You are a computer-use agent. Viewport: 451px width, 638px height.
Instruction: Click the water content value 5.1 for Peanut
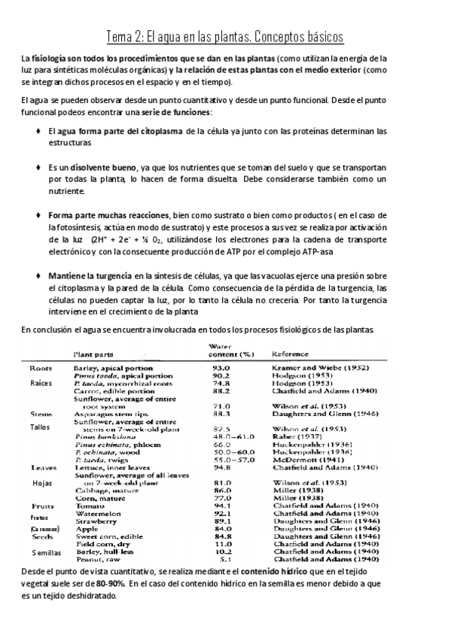[223, 560]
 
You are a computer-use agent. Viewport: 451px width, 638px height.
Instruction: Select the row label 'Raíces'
[41, 383]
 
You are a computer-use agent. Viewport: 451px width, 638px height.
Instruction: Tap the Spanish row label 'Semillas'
[42, 553]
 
